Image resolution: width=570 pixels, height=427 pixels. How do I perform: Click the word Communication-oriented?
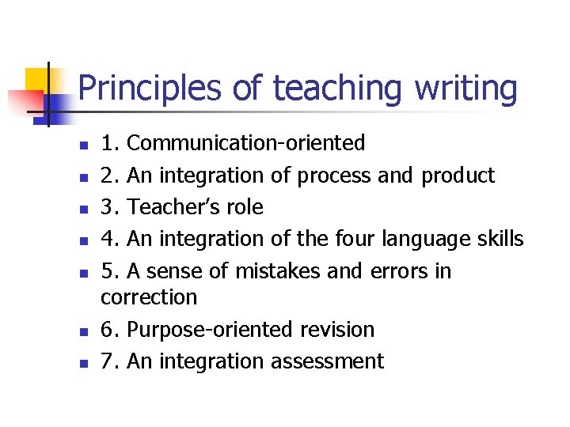click(246, 143)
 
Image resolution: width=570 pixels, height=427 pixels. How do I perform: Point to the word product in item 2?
click(458, 176)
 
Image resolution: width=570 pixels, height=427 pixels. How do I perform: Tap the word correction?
click(150, 297)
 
